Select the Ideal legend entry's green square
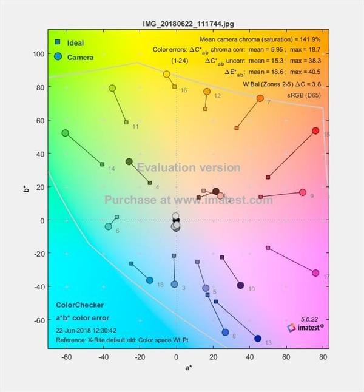click(57, 42)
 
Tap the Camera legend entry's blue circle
click(57, 56)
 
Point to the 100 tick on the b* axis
click(38, 54)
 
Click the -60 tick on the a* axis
click(67, 357)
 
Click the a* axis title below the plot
click(188, 368)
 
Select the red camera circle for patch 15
click(315, 131)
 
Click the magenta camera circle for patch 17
click(315, 273)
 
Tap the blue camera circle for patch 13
click(258, 339)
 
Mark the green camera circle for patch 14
click(66, 133)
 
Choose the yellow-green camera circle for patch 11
click(112, 88)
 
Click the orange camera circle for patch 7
click(260, 98)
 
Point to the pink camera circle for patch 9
click(303, 192)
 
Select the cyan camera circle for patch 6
click(109, 226)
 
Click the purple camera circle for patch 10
click(240, 285)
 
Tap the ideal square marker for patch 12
click(205, 109)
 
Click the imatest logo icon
click(292, 328)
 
